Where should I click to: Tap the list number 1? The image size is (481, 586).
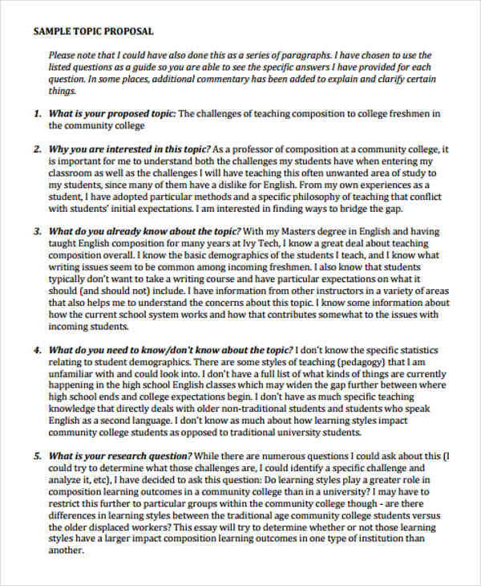37,114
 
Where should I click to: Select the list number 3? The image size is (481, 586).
37,231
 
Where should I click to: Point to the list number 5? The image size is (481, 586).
37,455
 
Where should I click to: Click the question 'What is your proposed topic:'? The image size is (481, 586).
112,114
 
